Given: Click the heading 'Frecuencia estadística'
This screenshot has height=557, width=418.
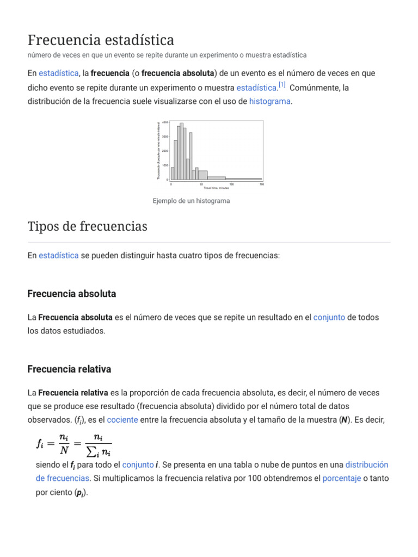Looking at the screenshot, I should (x=101, y=40).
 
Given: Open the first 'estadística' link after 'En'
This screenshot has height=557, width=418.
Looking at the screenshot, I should (x=58, y=73).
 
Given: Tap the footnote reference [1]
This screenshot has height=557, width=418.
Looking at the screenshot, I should (x=281, y=85).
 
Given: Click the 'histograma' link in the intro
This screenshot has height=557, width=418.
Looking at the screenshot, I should (x=269, y=101).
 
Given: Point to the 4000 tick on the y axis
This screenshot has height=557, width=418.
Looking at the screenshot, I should (x=165, y=122).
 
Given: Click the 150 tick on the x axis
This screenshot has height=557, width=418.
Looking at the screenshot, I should (x=262, y=184).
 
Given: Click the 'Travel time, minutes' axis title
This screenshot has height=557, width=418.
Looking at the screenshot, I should (x=216, y=188).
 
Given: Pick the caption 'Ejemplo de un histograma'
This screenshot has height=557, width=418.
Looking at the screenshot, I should (x=191, y=201).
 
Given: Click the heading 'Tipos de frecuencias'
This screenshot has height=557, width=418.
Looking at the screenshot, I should (x=87, y=226).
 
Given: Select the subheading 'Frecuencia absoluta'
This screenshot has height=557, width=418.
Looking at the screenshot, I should (x=71, y=294).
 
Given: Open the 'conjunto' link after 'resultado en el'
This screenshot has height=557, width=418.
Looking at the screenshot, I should (x=329, y=317).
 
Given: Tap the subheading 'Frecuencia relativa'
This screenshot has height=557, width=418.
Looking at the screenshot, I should (x=69, y=369).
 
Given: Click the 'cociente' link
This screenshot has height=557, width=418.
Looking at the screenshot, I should (x=122, y=419).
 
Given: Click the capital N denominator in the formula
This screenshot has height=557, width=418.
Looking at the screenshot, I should (x=64, y=450).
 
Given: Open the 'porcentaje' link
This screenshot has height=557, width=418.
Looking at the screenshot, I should (x=341, y=479).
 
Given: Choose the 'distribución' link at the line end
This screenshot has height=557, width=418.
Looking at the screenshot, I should (x=367, y=465).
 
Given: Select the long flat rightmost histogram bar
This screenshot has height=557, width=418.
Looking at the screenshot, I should (x=243, y=179).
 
